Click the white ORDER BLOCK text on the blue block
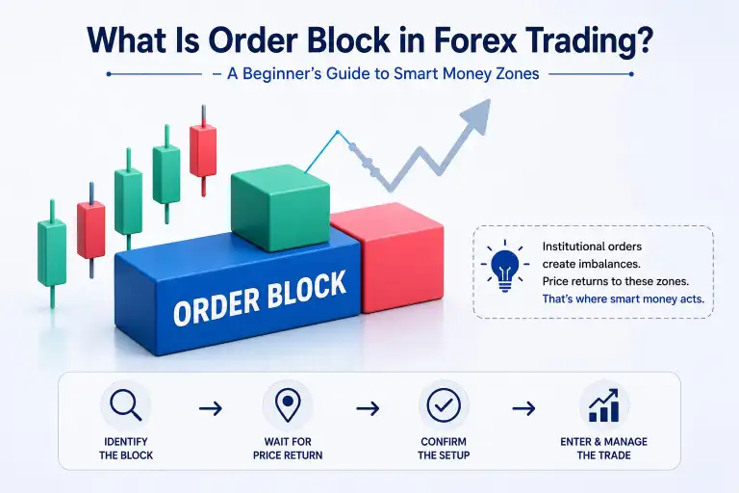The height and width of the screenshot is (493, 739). [x=260, y=298]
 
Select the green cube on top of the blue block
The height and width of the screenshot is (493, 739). [x=280, y=207]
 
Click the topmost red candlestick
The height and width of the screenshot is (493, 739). [x=203, y=151]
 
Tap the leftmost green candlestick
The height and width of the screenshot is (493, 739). [x=52, y=254]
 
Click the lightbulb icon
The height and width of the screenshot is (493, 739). [x=505, y=265]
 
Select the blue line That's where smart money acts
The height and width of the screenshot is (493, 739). [x=624, y=298]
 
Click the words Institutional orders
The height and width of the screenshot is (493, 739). [x=592, y=246]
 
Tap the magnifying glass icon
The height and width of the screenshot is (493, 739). [x=125, y=405]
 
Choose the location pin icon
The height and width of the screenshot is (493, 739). [x=288, y=406]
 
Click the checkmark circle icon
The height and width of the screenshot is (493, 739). [x=444, y=405]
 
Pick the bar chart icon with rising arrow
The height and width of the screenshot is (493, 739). [x=603, y=405]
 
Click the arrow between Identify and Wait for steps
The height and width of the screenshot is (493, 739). [x=210, y=408]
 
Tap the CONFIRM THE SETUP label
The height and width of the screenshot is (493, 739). [x=444, y=449]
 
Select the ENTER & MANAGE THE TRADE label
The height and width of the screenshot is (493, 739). [x=603, y=449]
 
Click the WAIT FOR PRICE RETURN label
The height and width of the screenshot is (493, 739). [x=288, y=449]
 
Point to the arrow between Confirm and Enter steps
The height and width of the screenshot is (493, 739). [x=523, y=408]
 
